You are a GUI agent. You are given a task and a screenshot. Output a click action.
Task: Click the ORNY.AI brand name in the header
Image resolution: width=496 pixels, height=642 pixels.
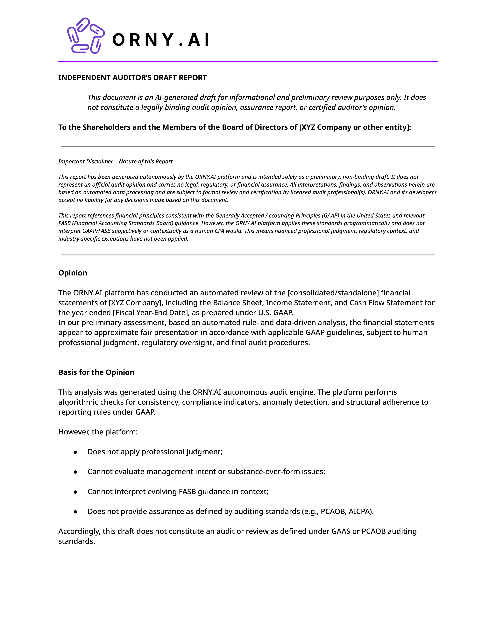pyautogui.click(x=161, y=40)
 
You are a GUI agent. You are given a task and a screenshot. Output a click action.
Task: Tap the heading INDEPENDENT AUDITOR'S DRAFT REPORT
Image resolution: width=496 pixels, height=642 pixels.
pyautogui.click(x=132, y=78)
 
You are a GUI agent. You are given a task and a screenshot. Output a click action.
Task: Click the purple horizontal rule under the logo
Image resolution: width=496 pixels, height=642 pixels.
pyautogui.click(x=248, y=61)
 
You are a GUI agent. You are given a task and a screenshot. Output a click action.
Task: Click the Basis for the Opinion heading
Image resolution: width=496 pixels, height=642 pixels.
pyautogui.click(x=96, y=372)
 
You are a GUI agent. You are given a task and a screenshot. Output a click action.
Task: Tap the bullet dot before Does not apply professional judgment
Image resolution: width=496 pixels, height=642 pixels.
pyautogui.click(x=75, y=452)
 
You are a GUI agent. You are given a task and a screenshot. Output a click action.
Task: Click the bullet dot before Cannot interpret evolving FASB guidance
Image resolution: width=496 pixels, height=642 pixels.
pyautogui.click(x=75, y=492)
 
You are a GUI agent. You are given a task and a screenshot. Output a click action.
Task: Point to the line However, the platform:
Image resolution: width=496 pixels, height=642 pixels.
pyautogui.click(x=98, y=432)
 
